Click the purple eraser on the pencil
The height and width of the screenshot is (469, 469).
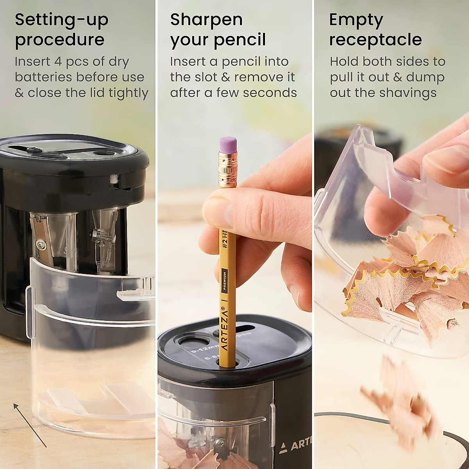pyautogui.click(x=228, y=143)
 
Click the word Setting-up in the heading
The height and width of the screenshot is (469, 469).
pyautogui.click(x=61, y=20)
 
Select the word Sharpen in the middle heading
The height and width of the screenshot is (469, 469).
pyautogui.click(x=206, y=20)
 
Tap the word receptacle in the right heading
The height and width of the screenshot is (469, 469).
pyautogui.click(x=375, y=40)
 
